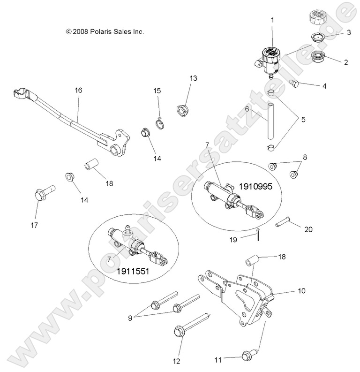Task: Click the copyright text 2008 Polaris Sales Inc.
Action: [105, 32]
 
